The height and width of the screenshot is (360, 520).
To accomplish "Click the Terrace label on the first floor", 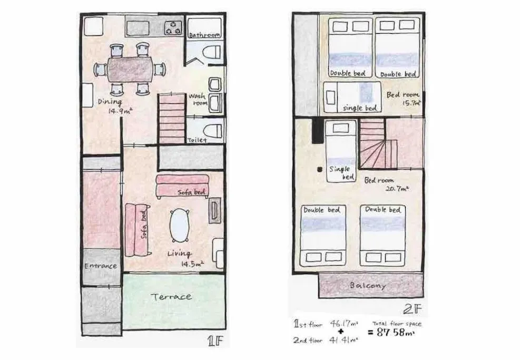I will click(172, 297).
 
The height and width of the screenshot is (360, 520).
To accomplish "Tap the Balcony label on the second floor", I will click(368, 285).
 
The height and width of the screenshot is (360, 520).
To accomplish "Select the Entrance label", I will click(101, 266).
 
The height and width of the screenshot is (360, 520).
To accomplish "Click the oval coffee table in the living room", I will click(180, 225).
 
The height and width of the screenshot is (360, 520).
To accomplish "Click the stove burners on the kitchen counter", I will click(173, 26).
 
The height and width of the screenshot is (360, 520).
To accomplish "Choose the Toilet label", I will click(197, 140).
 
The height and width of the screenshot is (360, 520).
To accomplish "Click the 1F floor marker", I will click(215, 340).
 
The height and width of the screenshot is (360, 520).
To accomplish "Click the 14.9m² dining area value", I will click(121, 111).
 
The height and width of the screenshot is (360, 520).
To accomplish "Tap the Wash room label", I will click(199, 100).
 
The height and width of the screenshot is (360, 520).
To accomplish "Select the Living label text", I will click(179, 254).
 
